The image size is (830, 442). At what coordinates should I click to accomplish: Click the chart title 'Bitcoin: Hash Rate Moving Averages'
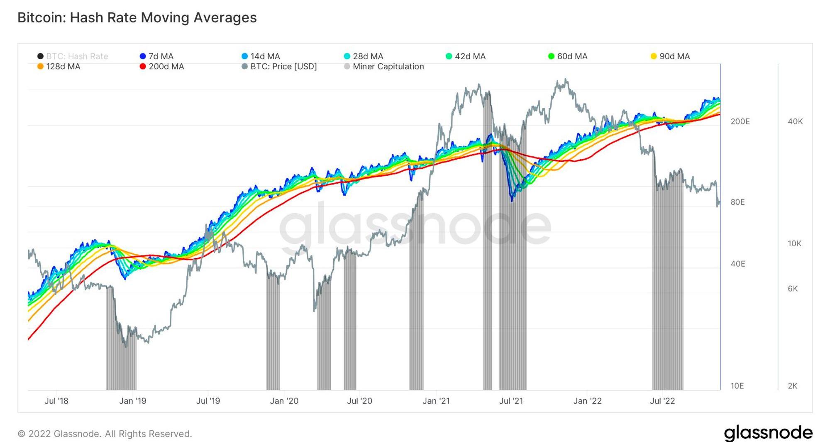(137, 18)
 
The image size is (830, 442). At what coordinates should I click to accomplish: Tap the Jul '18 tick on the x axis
(56, 401)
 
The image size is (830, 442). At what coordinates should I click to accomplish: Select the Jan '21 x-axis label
(436, 401)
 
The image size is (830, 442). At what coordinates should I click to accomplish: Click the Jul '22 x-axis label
(662, 401)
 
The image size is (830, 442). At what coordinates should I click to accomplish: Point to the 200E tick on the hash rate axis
(740, 121)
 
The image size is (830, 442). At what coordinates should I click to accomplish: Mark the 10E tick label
(737, 386)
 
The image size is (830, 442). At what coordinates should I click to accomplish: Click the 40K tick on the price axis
(795, 121)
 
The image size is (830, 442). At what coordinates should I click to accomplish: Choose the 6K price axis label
(793, 289)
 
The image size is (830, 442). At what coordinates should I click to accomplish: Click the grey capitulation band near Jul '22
(667, 311)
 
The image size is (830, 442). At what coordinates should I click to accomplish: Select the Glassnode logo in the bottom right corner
(768, 433)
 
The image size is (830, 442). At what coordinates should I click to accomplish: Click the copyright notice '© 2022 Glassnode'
(105, 434)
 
